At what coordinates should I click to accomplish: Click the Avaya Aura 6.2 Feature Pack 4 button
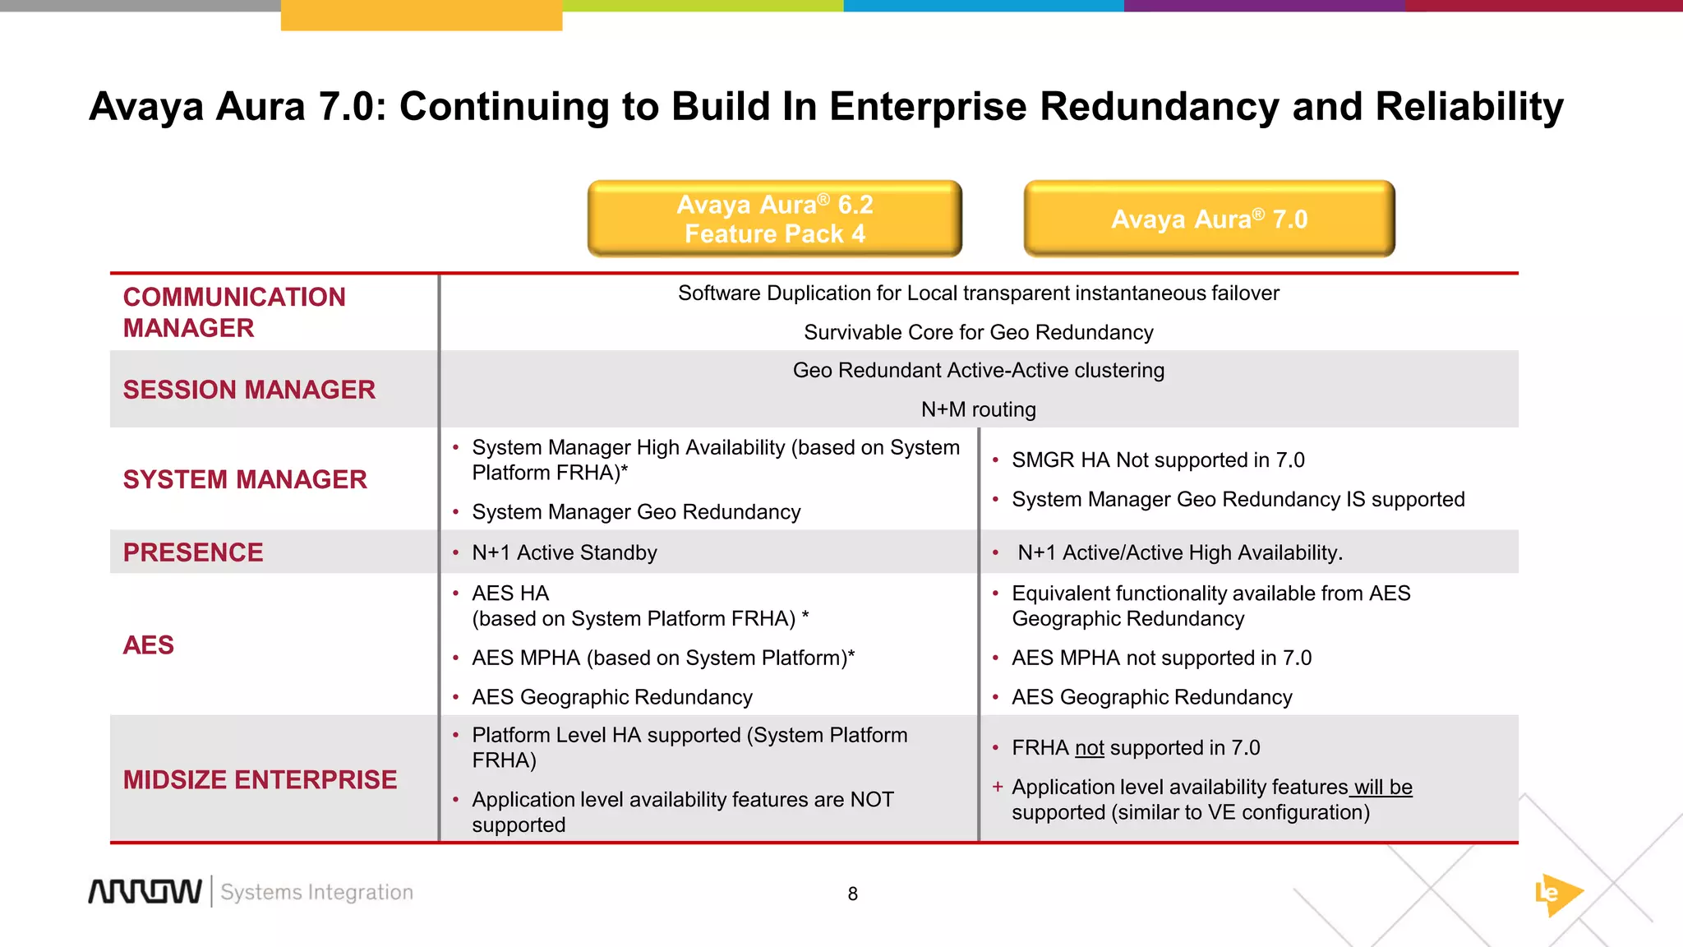[774, 219]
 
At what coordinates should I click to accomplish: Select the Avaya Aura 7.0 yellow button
[1209, 219]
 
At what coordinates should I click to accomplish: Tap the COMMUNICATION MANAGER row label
[234, 312]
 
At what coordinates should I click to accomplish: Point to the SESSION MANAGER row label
[249, 390]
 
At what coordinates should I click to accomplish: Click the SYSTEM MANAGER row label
[245, 479]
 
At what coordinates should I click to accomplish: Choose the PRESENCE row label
[193, 552]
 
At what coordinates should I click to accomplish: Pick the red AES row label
[149, 645]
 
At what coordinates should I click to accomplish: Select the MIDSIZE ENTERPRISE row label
[260, 779]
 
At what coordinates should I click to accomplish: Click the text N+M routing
[978, 409]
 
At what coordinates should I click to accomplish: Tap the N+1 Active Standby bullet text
[564, 552]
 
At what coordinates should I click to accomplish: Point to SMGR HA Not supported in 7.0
[1158, 460]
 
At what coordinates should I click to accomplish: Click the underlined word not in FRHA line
[1090, 748]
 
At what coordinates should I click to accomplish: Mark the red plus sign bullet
[997, 787]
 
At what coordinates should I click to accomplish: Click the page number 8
[853, 894]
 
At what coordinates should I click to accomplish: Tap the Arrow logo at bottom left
[145, 892]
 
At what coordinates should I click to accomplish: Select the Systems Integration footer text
[316, 893]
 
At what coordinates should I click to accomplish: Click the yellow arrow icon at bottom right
[1557, 894]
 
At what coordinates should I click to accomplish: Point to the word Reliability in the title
[1469, 107]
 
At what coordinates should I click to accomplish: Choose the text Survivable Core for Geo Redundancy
[978, 332]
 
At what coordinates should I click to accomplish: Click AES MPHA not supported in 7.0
[1161, 658]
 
